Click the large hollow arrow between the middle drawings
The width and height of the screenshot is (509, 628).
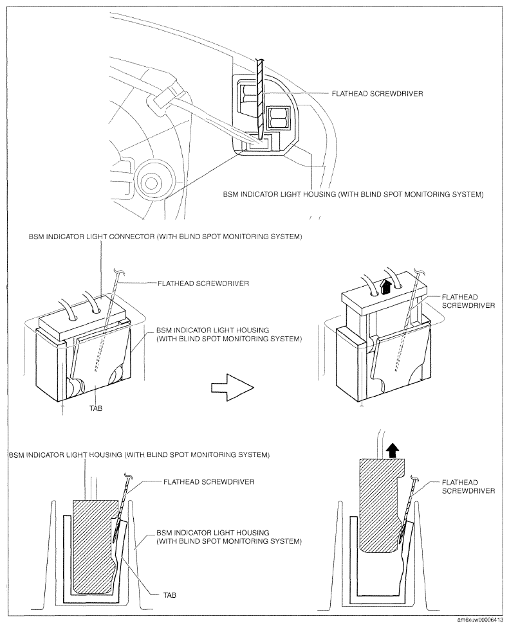232,388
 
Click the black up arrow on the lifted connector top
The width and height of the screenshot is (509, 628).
386,287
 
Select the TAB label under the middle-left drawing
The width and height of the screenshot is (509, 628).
97,408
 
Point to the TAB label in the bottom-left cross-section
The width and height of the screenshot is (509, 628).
169,595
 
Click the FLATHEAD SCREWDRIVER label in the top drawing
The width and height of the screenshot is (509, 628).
378,94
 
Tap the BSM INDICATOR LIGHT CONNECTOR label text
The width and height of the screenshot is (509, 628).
165,237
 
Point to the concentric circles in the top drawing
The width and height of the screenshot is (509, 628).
151,183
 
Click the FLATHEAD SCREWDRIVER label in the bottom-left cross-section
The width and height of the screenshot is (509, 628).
208,481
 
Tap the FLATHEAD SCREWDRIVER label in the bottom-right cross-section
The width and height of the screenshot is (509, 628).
468,487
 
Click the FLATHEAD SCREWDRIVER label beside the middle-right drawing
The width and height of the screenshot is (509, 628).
468,301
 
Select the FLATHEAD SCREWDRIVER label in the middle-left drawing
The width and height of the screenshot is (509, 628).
203,283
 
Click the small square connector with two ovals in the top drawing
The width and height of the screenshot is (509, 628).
279,118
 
